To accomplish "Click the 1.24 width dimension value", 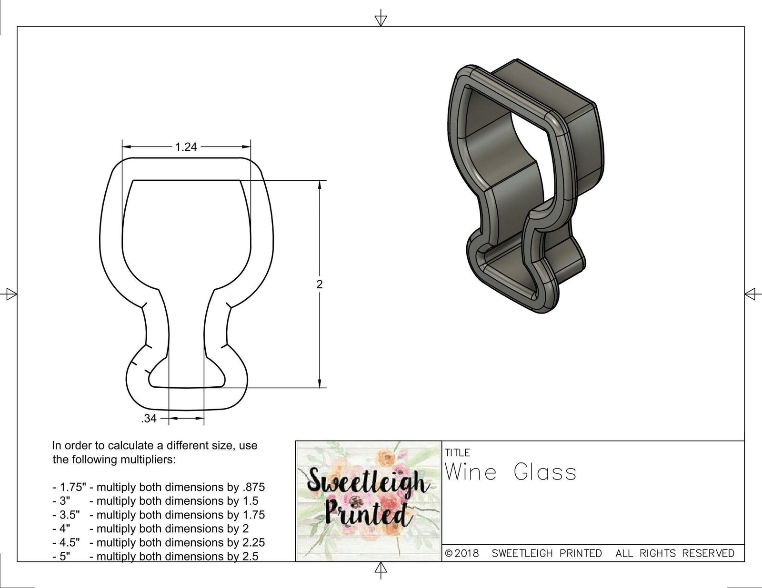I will pos(186,147).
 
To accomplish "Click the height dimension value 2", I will pos(319,284).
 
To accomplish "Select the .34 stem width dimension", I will pos(149,419).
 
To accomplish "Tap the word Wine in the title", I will pos(471,473).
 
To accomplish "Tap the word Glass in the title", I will pos(545,473).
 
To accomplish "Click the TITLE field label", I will pos(458,452).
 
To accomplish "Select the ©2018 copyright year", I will pos(462,553).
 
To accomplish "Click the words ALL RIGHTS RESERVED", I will pos(675,553).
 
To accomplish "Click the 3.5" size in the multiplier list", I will pos(66,515).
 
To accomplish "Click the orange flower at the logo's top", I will pos(384,458).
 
